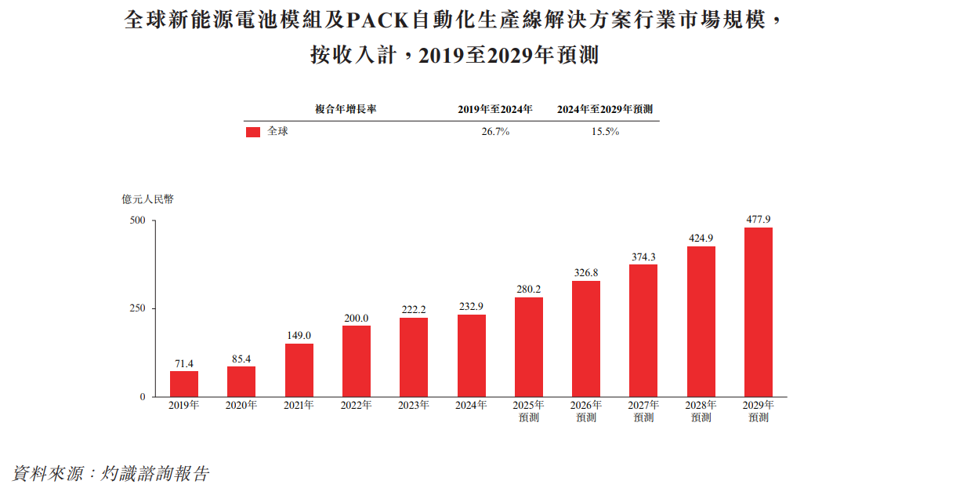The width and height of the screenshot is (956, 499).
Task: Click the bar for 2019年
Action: [184, 384]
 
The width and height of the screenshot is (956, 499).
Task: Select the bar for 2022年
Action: [357, 361]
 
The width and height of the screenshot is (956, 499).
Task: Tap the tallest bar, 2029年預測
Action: [759, 312]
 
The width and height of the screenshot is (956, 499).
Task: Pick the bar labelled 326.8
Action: [586, 339]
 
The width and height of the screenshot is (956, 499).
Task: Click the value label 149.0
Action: [299, 336]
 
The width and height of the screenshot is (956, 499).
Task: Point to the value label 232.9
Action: [472, 307]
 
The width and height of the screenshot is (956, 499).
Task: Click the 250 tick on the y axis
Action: [138, 309]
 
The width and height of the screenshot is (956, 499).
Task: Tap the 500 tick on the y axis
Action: [138, 220]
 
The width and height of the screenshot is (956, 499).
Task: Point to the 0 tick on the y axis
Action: [143, 397]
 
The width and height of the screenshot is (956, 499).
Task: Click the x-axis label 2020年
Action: [241, 406]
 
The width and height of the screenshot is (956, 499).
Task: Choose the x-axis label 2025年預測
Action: [529, 411]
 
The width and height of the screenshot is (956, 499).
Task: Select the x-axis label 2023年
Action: [414, 406]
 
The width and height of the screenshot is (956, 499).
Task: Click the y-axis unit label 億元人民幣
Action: [148, 199]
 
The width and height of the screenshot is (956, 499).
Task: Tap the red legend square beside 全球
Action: [252, 133]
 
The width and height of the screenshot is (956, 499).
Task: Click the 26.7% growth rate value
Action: [495, 132]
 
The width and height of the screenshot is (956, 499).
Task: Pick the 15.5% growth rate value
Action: [605, 132]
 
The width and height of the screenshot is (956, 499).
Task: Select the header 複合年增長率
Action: [346, 109]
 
